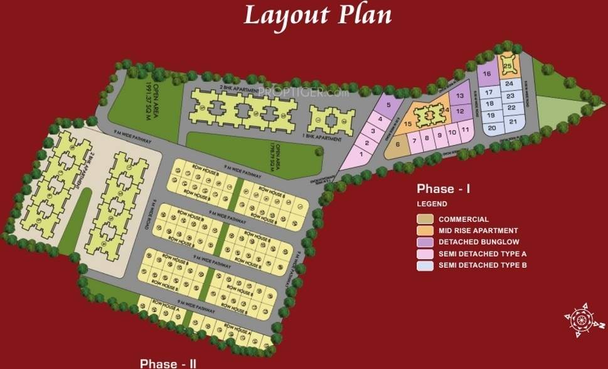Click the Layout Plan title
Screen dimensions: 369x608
[x=317, y=14]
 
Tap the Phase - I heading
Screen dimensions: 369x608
[x=444, y=189]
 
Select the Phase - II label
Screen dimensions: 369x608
[x=168, y=363]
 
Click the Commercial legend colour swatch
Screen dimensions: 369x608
[x=425, y=219]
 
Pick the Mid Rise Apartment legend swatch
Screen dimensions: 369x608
[x=425, y=231]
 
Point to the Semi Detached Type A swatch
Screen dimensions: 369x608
[x=425, y=254]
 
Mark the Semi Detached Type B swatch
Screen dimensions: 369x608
[x=425, y=266]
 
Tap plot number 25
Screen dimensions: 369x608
[x=508, y=67]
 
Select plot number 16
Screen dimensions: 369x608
[x=487, y=74]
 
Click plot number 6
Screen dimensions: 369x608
[x=398, y=144]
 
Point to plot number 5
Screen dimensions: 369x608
[x=389, y=105]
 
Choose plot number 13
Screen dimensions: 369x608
[x=459, y=96]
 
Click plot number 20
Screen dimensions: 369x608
[x=493, y=128]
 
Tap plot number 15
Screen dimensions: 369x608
[x=408, y=124]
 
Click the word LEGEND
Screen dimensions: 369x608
[x=432, y=204]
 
